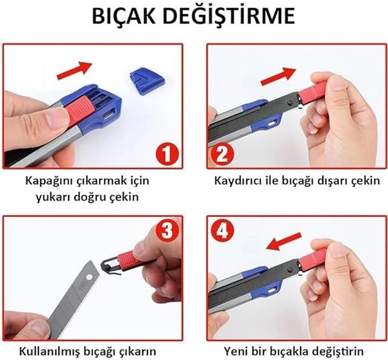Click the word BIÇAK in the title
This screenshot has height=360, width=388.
click(124, 16)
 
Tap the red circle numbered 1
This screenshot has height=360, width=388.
click(167, 154)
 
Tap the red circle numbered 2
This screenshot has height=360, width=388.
click(222, 154)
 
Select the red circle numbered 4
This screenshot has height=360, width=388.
click(222, 231)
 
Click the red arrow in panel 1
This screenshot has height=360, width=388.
click(74, 71)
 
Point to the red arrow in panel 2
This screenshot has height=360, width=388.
click(278, 76)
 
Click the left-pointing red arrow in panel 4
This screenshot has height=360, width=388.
click(284, 242)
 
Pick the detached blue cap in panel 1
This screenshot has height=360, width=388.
click(147, 81)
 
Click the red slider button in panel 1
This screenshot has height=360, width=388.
click(79, 109)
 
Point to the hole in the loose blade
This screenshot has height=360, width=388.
click(89, 276)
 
